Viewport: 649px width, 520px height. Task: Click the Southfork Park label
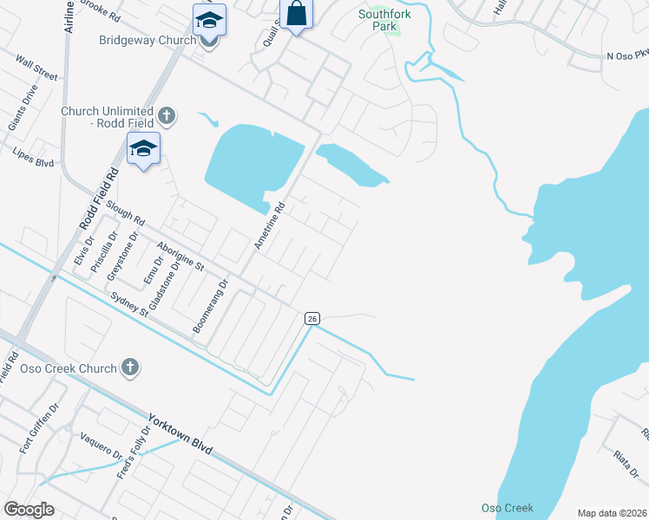[385, 20]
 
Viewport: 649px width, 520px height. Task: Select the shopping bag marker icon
[296, 14]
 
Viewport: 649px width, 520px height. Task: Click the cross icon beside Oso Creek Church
[130, 367]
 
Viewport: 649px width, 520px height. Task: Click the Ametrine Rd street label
[270, 227]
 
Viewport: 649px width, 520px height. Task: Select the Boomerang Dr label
[210, 306]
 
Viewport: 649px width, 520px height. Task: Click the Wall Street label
[36, 70]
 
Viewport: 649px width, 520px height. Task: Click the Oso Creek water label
[508, 508]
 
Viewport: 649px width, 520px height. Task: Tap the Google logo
[29, 510]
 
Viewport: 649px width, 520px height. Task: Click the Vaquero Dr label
[101, 446]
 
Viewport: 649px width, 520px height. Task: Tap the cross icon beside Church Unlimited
[167, 114]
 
